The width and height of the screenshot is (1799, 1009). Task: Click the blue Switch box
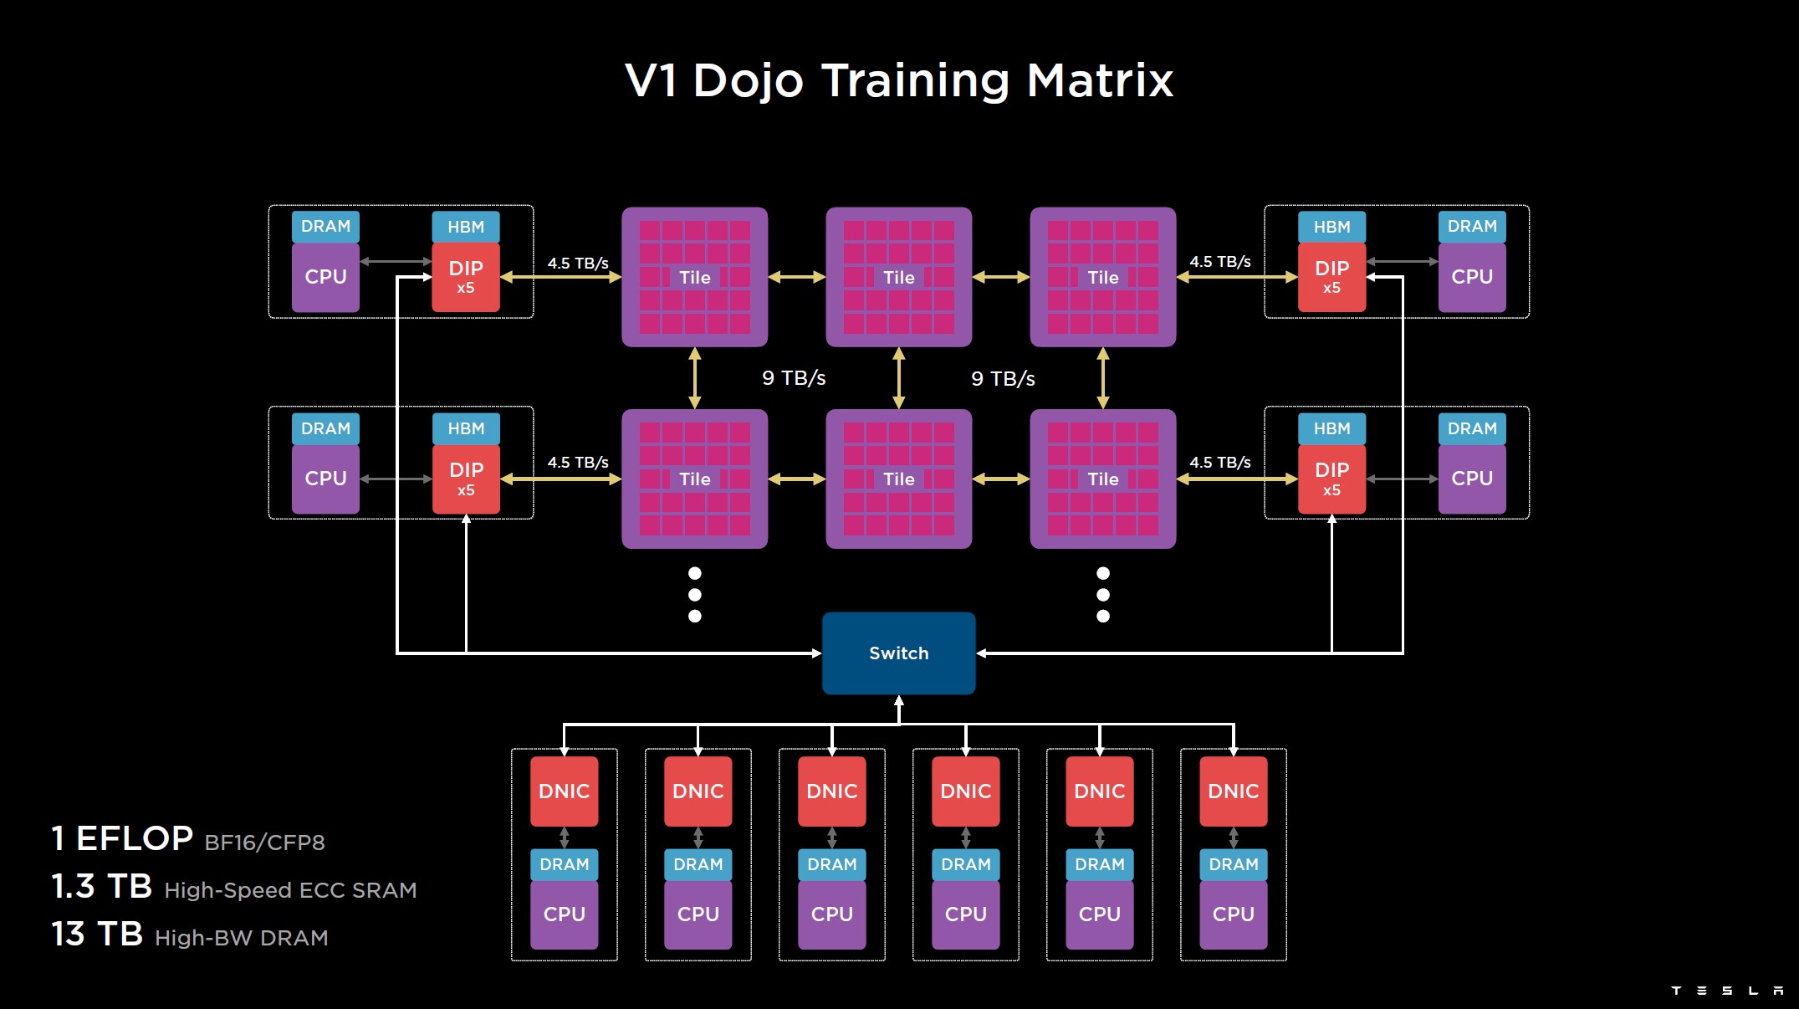pyautogui.click(x=898, y=653)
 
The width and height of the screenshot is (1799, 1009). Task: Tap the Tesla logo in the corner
pyautogui.click(x=1726, y=991)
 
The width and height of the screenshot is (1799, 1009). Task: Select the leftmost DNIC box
pyautogui.click(x=564, y=791)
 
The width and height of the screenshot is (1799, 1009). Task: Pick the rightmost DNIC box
pyautogui.click(x=1233, y=791)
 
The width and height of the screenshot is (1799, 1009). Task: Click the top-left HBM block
pyautogui.click(x=466, y=227)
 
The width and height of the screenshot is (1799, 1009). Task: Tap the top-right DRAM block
pyautogui.click(x=1472, y=227)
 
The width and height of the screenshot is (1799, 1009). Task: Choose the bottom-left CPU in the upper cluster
pyautogui.click(x=325, y=479)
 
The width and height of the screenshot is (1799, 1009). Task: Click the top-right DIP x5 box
pyautogui.click(x=1331, y=277)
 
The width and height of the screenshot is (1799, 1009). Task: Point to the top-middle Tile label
pyautogui.click(x=899, y=278)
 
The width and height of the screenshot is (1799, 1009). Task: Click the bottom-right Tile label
pyautogui.click(x=1103, y=479)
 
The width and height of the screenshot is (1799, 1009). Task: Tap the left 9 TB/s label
pyautogui.click(x=794, y=378)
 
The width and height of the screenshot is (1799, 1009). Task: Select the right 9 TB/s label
pyautogui.click(x=1003, y=379)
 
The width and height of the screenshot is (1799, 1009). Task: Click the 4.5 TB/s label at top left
pyautogui.click(x=578, y=263)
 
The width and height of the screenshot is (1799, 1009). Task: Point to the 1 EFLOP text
pyautogui.click(x=122, y=838)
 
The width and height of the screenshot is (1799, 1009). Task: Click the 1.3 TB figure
pyautogui.click(x=101, y=887)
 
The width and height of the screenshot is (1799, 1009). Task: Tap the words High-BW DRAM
pyautogui.click(x=241, y=938)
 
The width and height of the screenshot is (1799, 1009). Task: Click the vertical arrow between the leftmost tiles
pyautogui.click(x=694, y=378)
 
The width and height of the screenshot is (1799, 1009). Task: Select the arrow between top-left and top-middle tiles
pyautogui.click(x=796, y=277)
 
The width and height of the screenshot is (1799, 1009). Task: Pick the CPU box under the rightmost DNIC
pyautogui.click(x=1233, y=914)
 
